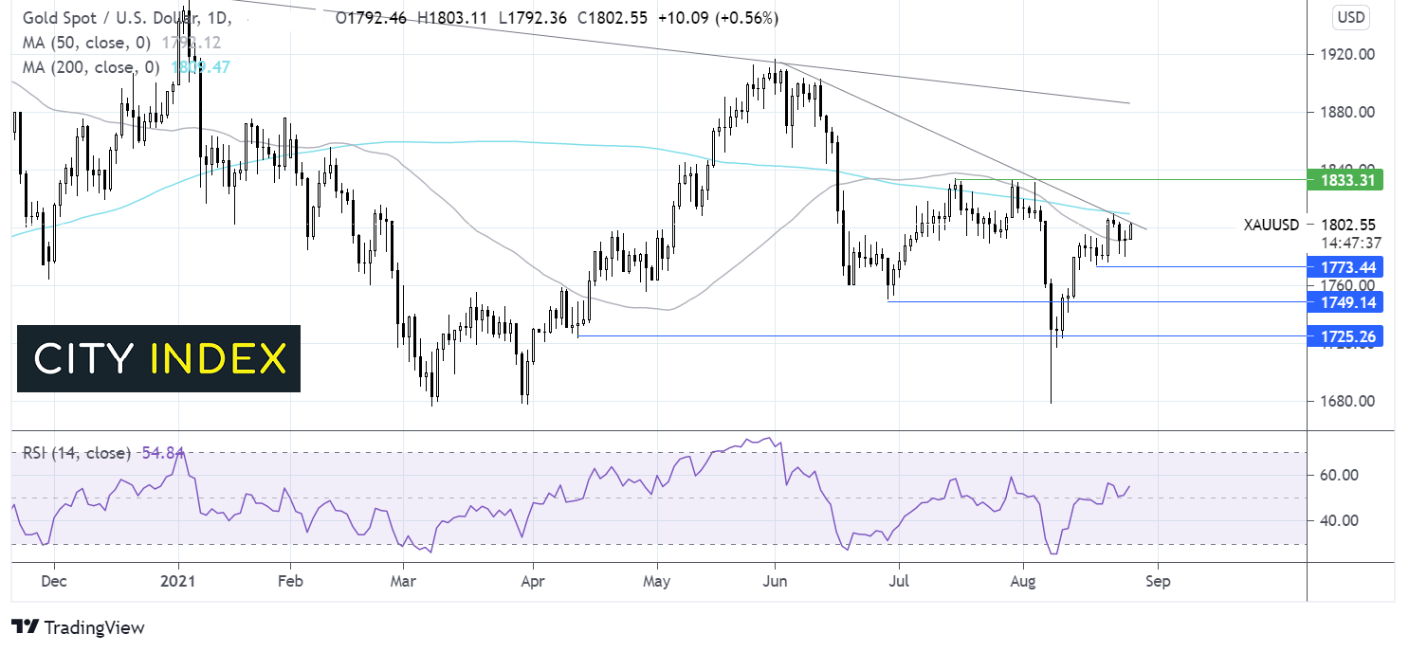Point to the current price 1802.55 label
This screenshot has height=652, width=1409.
pos(1348,225)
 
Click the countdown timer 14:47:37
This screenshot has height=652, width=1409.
pos(1348,242)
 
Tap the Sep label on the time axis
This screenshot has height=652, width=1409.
pos(1158,581)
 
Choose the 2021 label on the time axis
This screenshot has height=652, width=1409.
pos(178,581)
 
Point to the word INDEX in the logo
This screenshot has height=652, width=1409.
pos(219,359)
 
